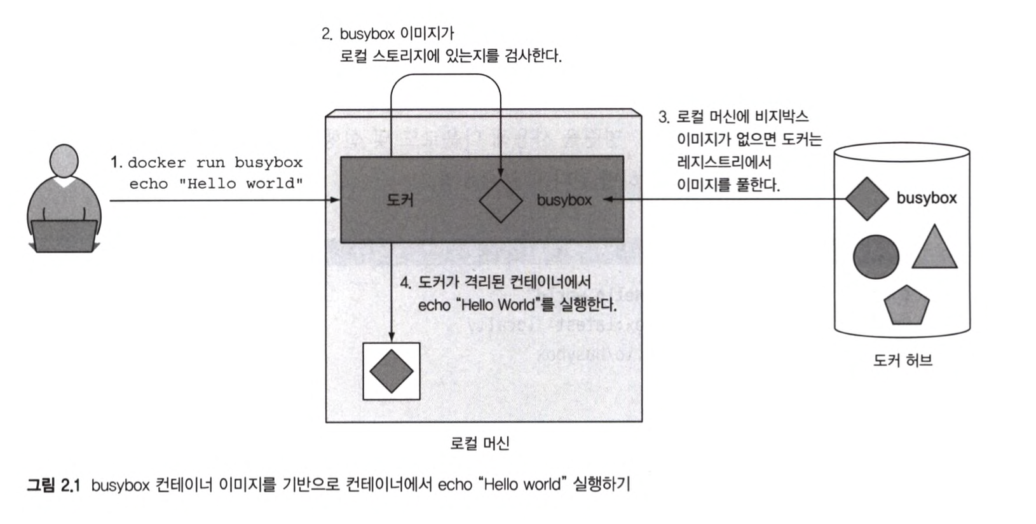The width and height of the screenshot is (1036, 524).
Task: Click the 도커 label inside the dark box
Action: click(x=400, y=200)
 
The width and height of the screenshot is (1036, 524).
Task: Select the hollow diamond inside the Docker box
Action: click(x=501, y=200)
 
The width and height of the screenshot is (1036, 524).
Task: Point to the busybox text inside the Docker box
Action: click(x=564, y=200)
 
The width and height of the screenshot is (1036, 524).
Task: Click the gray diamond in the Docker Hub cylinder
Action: click(x=866, y=199)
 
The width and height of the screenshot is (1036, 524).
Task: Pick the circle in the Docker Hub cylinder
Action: click(x=876, y=257)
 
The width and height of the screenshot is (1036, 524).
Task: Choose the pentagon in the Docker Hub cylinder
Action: click(x=906, y=306)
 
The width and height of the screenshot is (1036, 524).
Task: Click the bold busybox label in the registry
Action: click(x=927, y=198)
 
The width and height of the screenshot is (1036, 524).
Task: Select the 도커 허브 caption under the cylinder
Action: click(x=903, y=361)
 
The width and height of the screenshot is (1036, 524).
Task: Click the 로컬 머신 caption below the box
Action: click(x=480, y=443)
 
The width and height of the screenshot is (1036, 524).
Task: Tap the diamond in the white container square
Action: click(x=392, y=371)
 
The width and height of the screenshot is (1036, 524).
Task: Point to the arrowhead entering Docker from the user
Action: click(x=336, y=201)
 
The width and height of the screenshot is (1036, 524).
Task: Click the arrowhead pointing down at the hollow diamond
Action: click(x=501, y=172)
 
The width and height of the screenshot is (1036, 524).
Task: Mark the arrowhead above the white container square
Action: click(x=392, y=338)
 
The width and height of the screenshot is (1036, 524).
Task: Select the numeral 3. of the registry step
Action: click(x=664, y=118)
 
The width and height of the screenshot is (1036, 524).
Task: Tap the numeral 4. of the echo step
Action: click(x=406, y=282)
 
